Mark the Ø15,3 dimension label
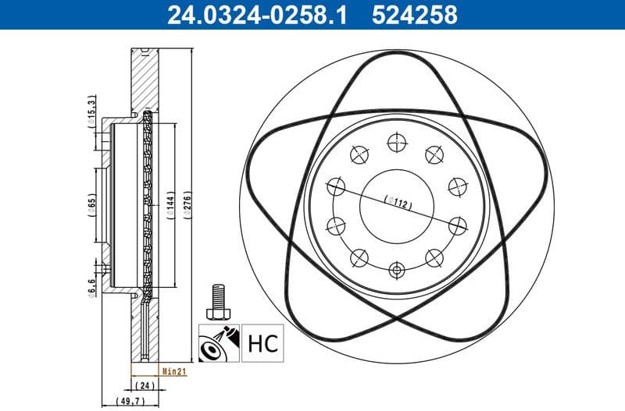92,112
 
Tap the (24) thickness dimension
144,385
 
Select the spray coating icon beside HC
219,342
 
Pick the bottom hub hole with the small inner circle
397,271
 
